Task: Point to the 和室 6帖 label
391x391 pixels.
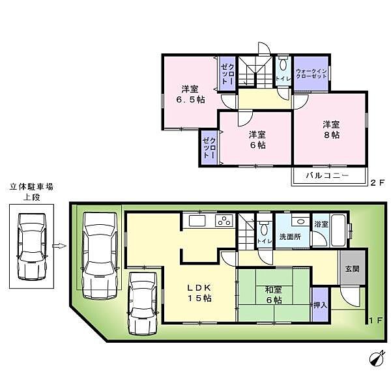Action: point(273,295)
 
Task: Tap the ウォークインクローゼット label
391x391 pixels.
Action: point(311,74)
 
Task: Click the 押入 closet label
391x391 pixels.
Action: point(320,305)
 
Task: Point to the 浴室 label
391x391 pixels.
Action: point(321,223)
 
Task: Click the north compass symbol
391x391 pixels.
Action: point(375,359)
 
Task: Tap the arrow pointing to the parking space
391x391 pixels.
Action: point(59,246)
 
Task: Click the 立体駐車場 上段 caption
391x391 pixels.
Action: point(31,191)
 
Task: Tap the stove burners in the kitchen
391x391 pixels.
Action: point(224,220)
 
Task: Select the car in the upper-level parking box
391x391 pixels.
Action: point(31,246)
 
